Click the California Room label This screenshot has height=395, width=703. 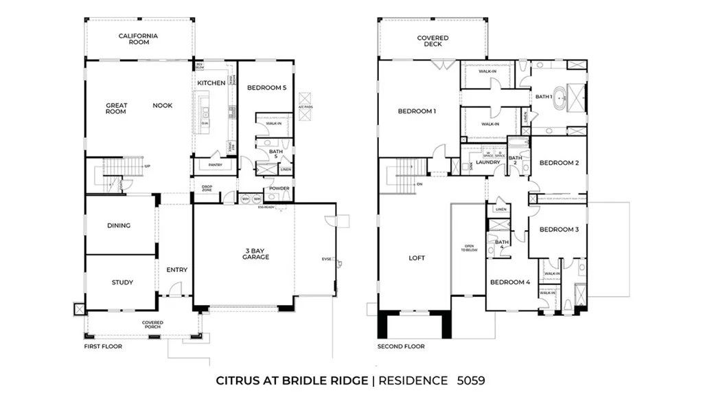(138, 39)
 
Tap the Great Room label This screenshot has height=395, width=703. (116, 109)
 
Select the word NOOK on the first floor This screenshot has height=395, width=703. (163, 105)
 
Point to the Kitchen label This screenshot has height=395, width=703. (211, 83)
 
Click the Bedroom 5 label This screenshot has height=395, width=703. (266, 87)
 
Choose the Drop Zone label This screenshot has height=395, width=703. (207, 188)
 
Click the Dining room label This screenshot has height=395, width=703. (119, 225)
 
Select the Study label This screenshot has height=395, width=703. (122, 282)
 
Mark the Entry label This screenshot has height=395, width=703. (176, 270)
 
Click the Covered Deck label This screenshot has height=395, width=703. (433, 41)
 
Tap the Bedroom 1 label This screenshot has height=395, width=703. (417, 111)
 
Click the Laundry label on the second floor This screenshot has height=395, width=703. (488, 162)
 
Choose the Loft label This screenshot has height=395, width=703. (417, 258)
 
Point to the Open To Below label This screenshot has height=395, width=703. (470, 248)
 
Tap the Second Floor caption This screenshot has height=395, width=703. (401, 346)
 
